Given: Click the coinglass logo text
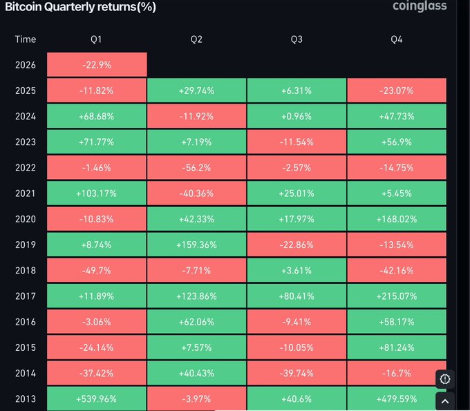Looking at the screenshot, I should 420,6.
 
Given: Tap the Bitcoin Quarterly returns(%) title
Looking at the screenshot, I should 80,7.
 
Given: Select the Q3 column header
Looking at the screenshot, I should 297,39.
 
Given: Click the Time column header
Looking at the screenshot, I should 26,39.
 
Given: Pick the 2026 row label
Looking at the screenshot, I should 26,65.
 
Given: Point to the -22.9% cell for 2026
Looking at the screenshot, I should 97,65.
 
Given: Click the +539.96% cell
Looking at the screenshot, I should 97,399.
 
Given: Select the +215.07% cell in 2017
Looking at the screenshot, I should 396,296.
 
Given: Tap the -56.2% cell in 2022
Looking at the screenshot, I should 196,167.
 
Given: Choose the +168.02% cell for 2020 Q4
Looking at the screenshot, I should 396,219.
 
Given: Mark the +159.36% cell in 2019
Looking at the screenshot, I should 196,245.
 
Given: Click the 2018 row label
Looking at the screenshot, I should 26,270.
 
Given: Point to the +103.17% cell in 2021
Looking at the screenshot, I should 97,193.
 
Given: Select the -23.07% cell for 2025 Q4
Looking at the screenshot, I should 396,90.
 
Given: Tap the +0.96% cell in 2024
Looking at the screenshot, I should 297,116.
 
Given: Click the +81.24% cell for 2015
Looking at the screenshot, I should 396,347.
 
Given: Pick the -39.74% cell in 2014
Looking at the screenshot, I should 297,373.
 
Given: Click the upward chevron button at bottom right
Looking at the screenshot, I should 445,401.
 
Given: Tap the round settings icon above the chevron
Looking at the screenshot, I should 445,379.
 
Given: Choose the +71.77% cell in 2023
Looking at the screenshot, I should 97,142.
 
